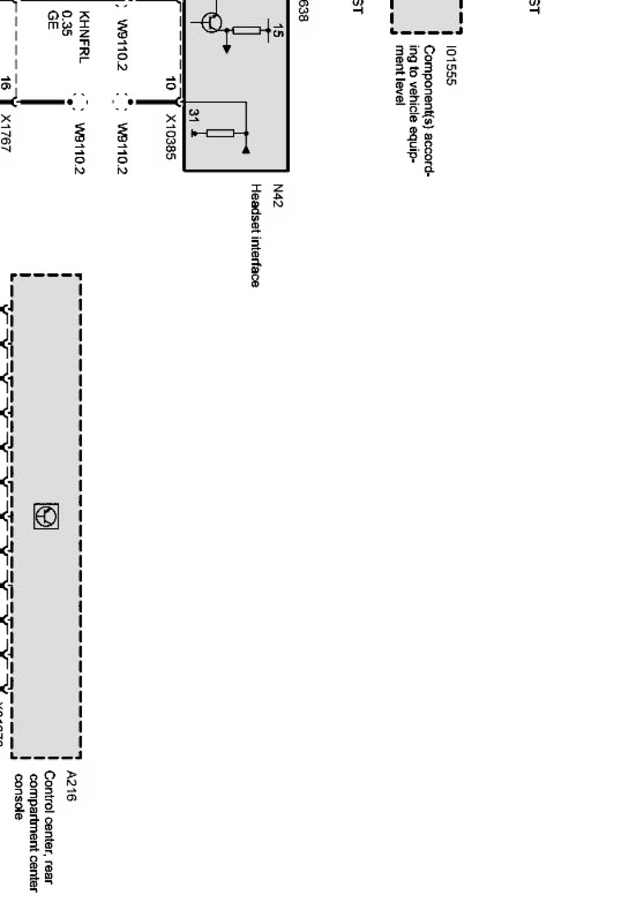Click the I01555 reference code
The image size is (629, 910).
[x=451, y=65]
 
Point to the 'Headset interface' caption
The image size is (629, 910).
[x=255, y=235]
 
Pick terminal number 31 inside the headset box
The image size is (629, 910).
[x=193, y=116]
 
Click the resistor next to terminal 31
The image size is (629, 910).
[x=220, y=133]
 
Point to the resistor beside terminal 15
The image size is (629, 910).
[x=247, y=30]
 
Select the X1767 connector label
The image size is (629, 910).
[x=6, y=134]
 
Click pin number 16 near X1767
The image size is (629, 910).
[x=5, y=83]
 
